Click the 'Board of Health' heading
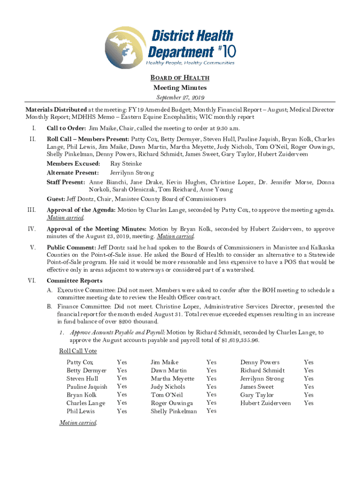(x=180, y=78)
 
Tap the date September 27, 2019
(x=180, y=98)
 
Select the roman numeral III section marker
(x=32, y=210)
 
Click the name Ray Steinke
(x=126, y=164)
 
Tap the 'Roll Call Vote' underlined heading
(x=78, y=351)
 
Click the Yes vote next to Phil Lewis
(x=122, y=412)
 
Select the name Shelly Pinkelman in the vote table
(x=173, y=412)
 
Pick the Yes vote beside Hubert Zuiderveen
(x=309, y=403)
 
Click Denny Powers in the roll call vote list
(x=260, y=363)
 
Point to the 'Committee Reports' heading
(x=74, y=281)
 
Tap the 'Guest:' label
(x=56, y=199)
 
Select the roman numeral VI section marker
(x=32, y=281)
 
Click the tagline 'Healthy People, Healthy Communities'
(x=190, y=63)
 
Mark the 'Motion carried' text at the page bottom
(x=78, y=423)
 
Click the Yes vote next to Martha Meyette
(x=211, y=378)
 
